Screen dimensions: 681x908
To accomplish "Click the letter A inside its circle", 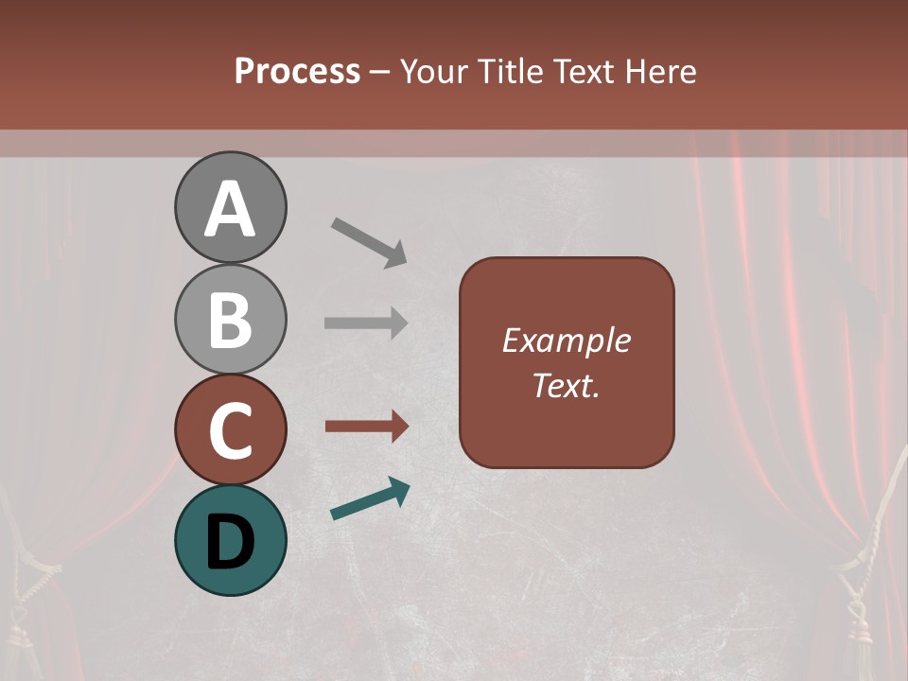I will [230, 209].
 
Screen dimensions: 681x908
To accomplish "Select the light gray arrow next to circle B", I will [366, 323].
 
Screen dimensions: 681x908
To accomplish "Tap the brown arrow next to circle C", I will [366, 427].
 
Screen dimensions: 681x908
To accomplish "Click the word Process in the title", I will [297, 71].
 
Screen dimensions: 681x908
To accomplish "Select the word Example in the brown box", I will [567, 340].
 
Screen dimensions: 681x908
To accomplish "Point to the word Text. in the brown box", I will [567, 386].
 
